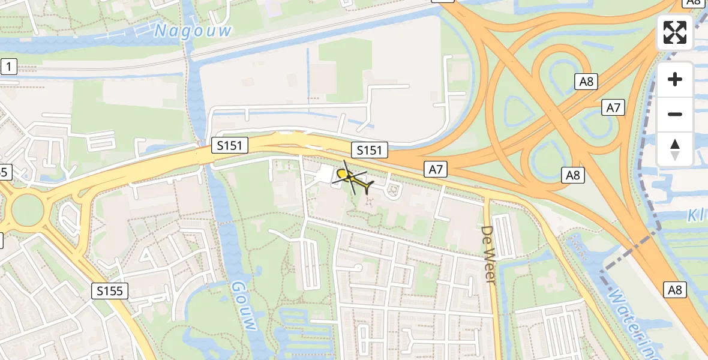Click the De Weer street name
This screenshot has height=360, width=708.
pos(488,254)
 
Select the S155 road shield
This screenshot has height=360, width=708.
pos(110,292)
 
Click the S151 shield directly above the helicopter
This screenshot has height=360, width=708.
pos(369,150)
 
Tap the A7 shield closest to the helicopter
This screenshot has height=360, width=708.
pos(436,170)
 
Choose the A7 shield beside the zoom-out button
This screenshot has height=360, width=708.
pos(613,108)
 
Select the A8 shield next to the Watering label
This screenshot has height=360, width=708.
pos(675,290)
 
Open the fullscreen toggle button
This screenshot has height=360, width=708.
pos(675,32)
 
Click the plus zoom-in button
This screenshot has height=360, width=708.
pos(675,79)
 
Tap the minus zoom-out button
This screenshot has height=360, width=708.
pos(675,114)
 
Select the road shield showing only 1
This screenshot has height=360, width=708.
pos(8,67)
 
